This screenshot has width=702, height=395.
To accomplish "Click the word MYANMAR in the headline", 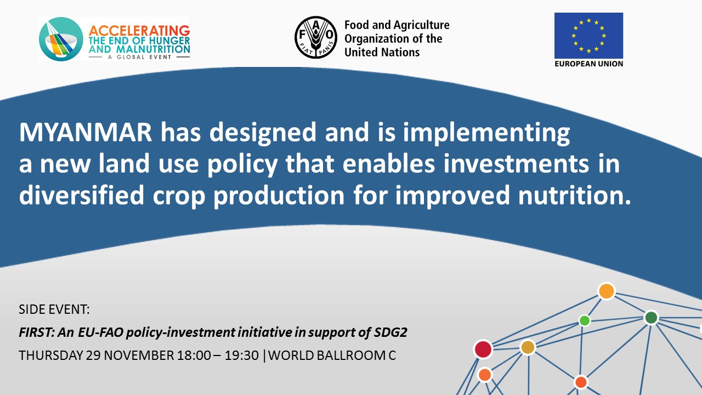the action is [86, 132].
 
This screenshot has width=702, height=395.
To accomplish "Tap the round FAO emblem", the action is [316, 37].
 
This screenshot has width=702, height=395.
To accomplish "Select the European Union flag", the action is [588, 36].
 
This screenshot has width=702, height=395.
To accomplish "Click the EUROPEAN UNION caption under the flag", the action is [588, 64].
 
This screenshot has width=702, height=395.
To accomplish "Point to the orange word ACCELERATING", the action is [139, 31].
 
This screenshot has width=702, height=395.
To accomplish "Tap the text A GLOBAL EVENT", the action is [139, 57].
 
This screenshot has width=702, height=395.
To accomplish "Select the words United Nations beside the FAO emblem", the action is [382, 52].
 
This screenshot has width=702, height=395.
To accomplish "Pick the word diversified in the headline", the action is [82, 195].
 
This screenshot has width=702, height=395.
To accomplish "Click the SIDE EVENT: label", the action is [54, 309].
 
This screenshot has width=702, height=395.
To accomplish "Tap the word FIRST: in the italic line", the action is [37, 332].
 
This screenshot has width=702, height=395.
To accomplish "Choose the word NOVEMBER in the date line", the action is [139, 355].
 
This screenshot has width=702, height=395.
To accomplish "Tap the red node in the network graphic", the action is [483, 349].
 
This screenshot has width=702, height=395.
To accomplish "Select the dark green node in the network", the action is [651, 318].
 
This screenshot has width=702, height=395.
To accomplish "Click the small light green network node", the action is [585, 320].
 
